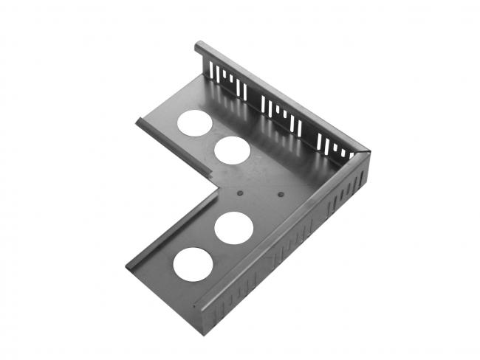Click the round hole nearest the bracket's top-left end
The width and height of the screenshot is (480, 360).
(193, 123)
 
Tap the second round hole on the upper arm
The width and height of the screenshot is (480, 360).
(230, 150)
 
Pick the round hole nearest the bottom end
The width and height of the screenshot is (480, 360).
(191, 263)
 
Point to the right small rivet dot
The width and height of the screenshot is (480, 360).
(281, 195)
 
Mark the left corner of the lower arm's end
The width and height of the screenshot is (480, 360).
(128, 267)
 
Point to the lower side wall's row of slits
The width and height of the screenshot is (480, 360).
(295, 243)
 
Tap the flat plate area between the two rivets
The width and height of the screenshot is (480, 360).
(261, 193)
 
